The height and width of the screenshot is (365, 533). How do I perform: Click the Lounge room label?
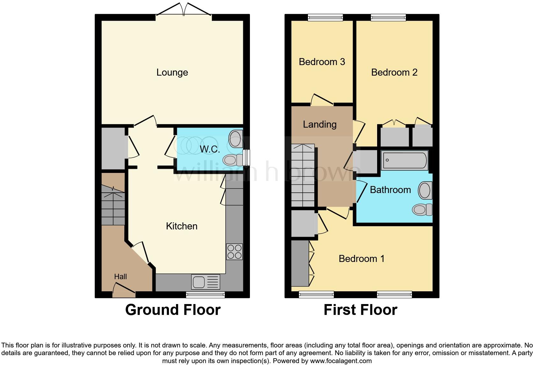[172, 72]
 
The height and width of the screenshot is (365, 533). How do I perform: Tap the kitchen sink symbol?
[206, 282]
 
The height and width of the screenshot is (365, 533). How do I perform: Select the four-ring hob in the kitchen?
[234, 251]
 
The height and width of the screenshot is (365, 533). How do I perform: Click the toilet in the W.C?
[232, 159]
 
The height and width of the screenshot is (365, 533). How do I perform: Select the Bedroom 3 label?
[322, 62]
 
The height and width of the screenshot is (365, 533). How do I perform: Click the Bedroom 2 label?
[394, 72]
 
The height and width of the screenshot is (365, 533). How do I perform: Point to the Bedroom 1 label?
[361, 258]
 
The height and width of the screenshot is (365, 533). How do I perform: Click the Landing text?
[319, 124]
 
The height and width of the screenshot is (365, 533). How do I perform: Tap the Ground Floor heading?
[173, 310]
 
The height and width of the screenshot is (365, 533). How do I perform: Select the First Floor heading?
[360, 310]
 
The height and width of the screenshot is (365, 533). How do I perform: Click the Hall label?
[120, 277]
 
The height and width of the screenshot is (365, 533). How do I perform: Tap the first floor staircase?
[303, 175]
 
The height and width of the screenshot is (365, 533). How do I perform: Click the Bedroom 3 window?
[325, 18]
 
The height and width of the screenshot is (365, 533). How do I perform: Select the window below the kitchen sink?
[205, 294]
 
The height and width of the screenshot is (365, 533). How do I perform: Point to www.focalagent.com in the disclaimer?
[340, 361]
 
